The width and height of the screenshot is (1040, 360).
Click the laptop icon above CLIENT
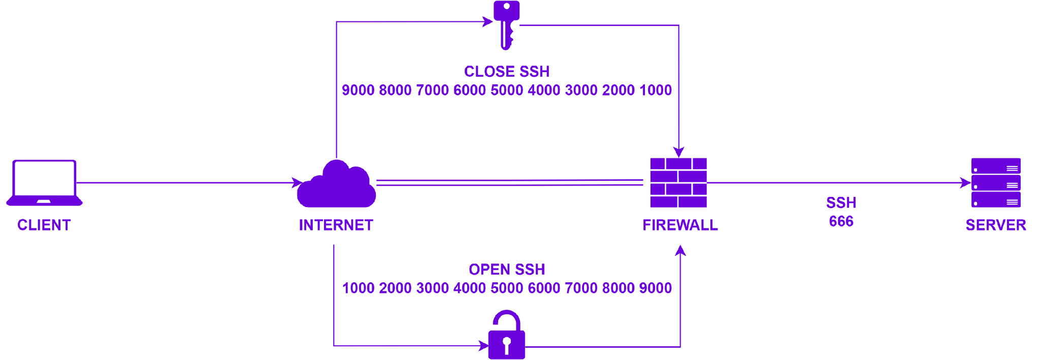pyautogui.click(x=44, y=183)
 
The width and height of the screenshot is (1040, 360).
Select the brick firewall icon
pyautogui.click(x=678, y=183)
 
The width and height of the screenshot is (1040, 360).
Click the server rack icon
pyautogui.click(x=996, y=183)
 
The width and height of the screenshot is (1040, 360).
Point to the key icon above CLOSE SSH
pyautogui.click(x=506, y=24)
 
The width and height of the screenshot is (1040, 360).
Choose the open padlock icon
pyautogui.click(x=506, y=335)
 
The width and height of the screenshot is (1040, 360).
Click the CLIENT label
pyautogui.click(x=44, y=225)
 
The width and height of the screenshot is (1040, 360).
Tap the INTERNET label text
pyautogui.click(x=336, y=225)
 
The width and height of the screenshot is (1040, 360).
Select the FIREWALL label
pyautogui.click(x=680, y=225)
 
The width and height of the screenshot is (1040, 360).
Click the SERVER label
pyautogui.click(x=996, y=225)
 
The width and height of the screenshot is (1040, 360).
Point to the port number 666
pyautogui.click(x=841, y=221)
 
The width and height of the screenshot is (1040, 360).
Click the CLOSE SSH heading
pyautogui.click(x=507, y=72)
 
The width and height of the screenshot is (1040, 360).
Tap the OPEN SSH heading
pyautogui.click(x=507, y=270)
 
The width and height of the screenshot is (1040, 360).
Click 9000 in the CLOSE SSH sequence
pyautogui.click(x=358, y=90)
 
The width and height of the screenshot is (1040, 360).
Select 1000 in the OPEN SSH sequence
pyautogui.click(x=359, y=288)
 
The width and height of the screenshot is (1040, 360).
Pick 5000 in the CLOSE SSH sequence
pyautogui.click(x=507, y=90)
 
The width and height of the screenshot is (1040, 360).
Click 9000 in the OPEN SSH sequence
pyautogui.click(x=656, y=288)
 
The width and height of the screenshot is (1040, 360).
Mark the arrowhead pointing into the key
pyautogui.click(x=488, y=21)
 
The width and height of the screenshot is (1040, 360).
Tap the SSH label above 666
pyautogui.click(x=841, y=203)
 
